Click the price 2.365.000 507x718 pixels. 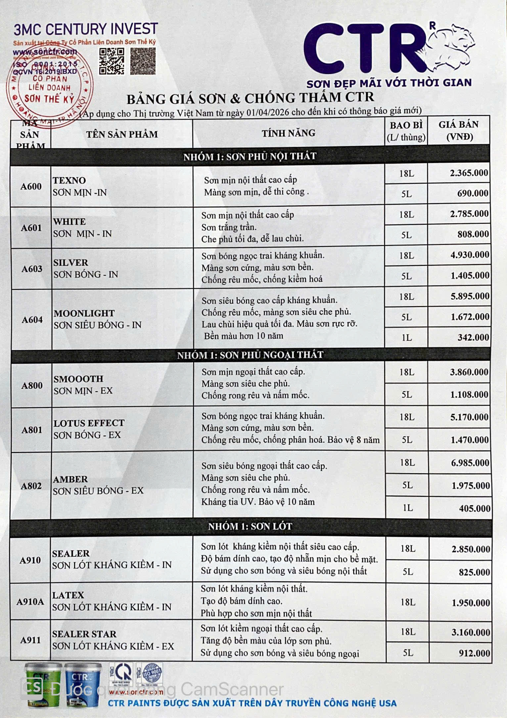(469, 173)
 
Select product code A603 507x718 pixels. (32, 269)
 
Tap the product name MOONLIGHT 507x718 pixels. (84, 313)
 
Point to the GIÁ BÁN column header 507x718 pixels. (459, 130)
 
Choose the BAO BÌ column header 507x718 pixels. (406, 131)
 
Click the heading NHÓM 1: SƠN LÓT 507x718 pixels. (250, 526)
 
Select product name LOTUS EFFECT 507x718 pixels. (89, 423)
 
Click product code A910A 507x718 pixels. (30, 601)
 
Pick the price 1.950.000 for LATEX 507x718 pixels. (471, 603)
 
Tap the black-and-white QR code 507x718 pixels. (112, 61)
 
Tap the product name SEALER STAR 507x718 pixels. (84, 634)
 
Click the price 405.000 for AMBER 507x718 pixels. (474, 508)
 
